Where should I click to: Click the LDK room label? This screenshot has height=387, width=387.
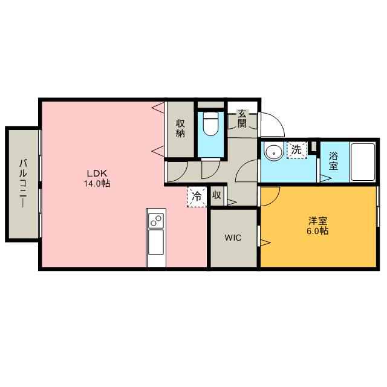pos(97,174)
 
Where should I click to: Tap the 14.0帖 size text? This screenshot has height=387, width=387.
pos(97,183)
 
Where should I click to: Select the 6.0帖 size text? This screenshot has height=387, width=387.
pos(317,231)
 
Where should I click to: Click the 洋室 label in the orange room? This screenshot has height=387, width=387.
pos(318,221)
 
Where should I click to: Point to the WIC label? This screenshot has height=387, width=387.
pos(233,238)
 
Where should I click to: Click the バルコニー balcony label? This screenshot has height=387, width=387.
pos(23,183)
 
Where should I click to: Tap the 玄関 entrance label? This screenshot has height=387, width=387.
pos(242,119)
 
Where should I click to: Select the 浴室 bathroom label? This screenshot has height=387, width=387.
pos(333,161)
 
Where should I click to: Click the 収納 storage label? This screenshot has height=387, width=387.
pos(180,128)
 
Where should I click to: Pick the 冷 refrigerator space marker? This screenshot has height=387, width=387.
pos(197,197)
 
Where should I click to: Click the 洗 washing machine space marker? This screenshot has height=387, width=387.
pos(297,150)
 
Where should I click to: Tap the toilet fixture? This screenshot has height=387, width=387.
pos(211,123)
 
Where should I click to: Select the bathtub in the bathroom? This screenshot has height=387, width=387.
pos(363,162)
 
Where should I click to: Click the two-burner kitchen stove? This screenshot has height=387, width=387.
pos(156,220)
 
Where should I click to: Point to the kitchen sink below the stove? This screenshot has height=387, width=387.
pos(156,242)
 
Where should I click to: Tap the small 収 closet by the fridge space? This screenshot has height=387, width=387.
pos(217,196)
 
